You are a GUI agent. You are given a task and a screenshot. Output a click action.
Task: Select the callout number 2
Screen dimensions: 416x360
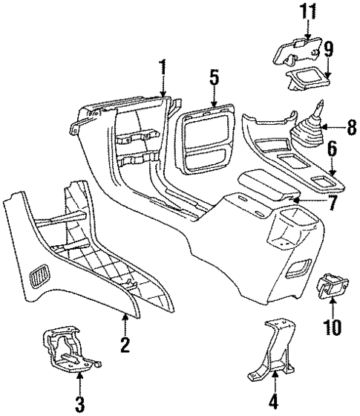[x=125, y=343]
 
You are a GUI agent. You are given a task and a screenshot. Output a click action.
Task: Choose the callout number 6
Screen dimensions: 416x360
[x=333, y=152]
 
